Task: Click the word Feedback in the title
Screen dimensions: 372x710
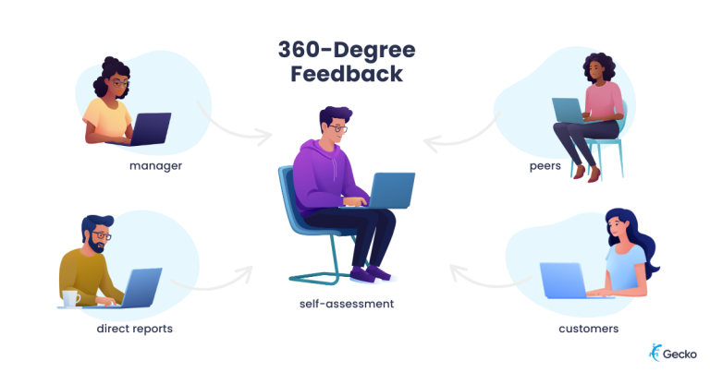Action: tap(348, 74)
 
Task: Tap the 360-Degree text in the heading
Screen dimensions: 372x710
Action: tap(348, 48)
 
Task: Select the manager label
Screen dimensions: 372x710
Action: tap(155, 166)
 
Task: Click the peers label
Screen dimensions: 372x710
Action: tap(545, 166)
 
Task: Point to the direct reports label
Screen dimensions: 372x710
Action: tap(134, 328)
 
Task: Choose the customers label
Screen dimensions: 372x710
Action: tap(589, 328)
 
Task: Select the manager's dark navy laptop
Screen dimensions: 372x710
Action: tap(147, 127)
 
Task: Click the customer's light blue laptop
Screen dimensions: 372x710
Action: tap(564, 281)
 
